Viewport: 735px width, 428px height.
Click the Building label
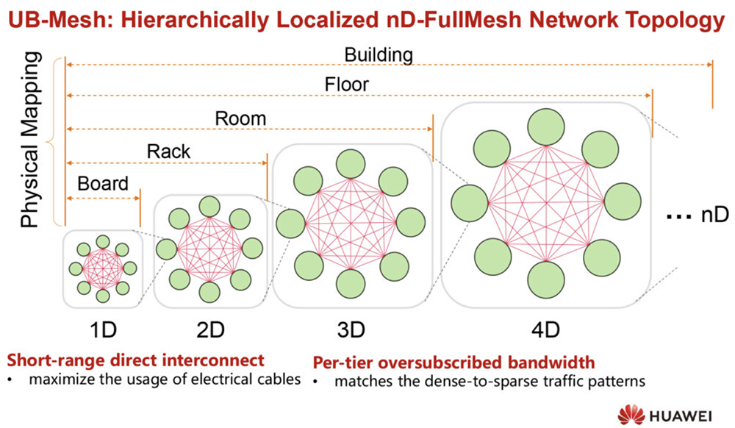[379, 54]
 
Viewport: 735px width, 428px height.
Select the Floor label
[347, 85]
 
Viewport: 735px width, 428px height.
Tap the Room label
[240, 118]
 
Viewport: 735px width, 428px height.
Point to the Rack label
[168, 151]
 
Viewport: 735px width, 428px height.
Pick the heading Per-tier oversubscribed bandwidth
[453, 362]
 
